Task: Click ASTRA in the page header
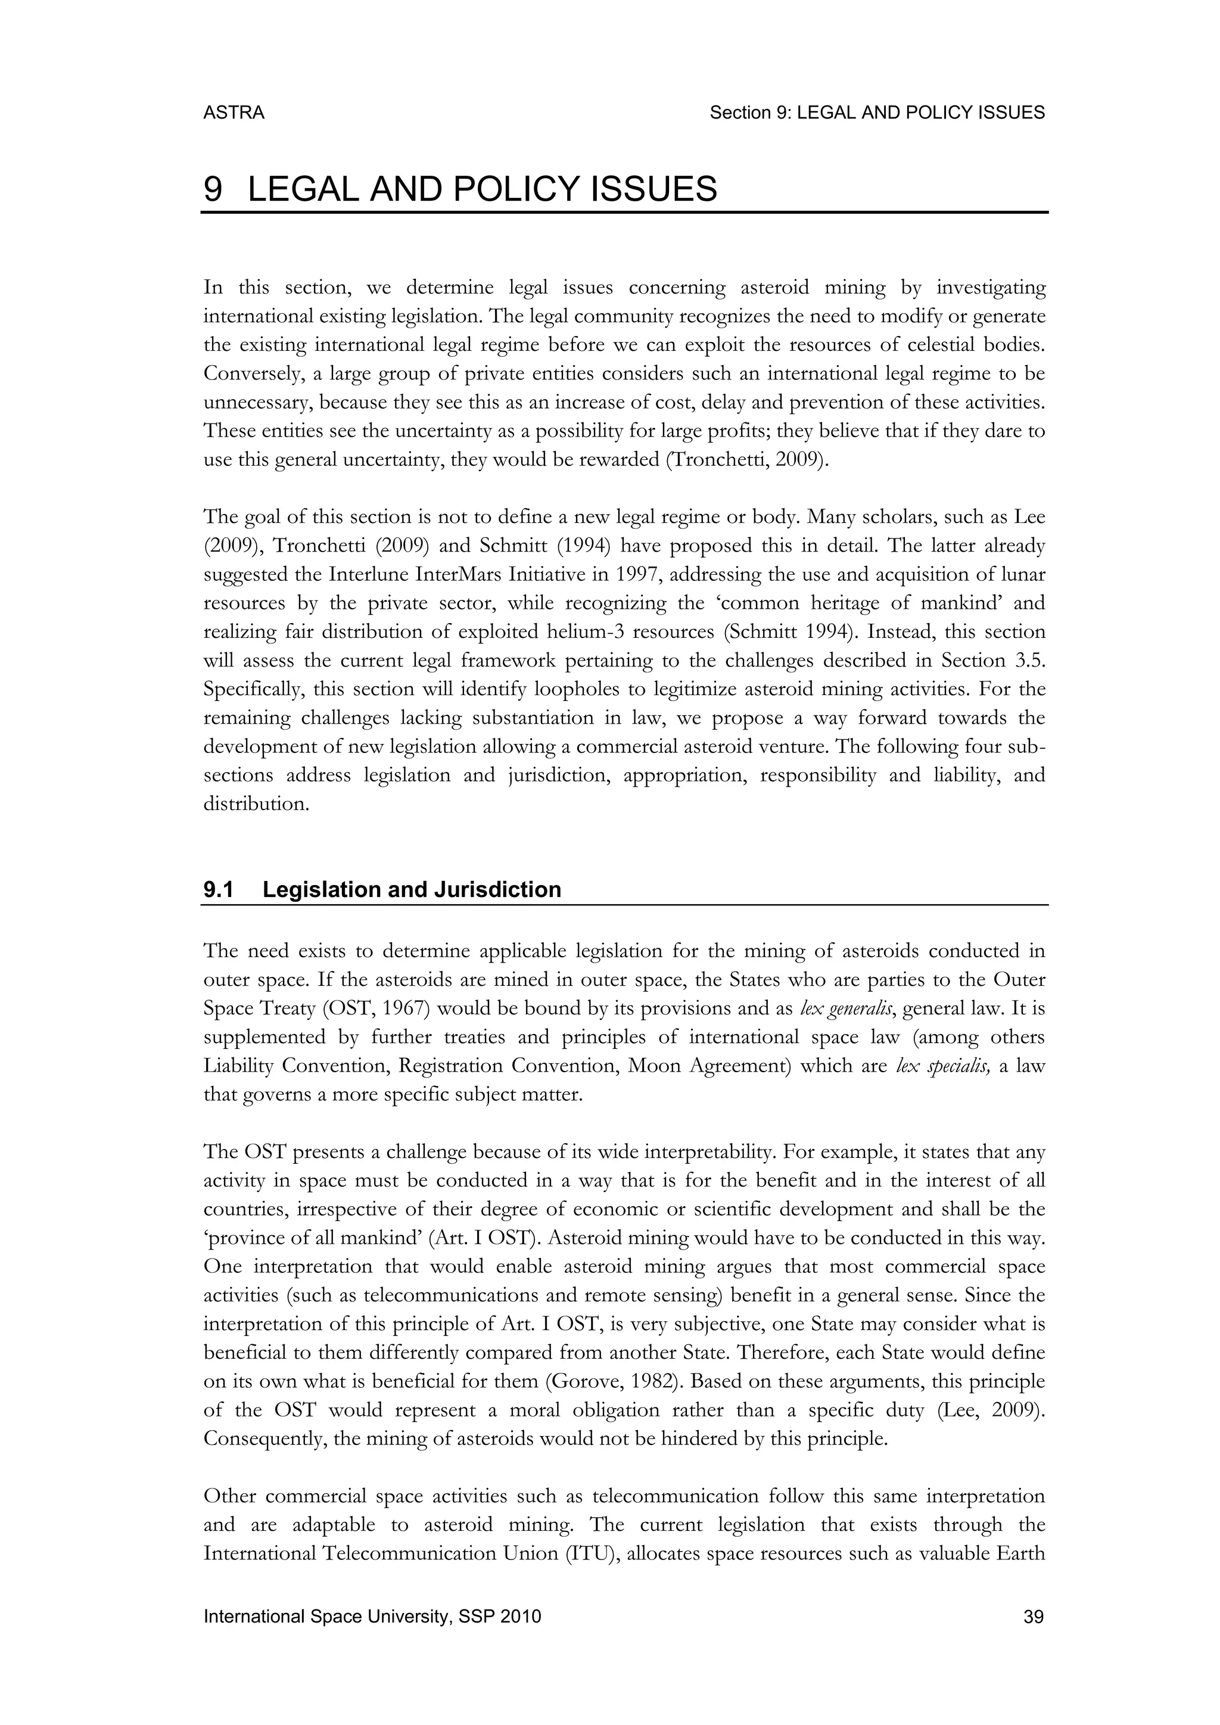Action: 234,113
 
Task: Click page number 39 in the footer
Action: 1034,1617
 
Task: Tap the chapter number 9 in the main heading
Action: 213,189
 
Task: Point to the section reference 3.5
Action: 1030,661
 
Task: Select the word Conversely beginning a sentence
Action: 247,373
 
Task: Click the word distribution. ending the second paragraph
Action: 256,804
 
